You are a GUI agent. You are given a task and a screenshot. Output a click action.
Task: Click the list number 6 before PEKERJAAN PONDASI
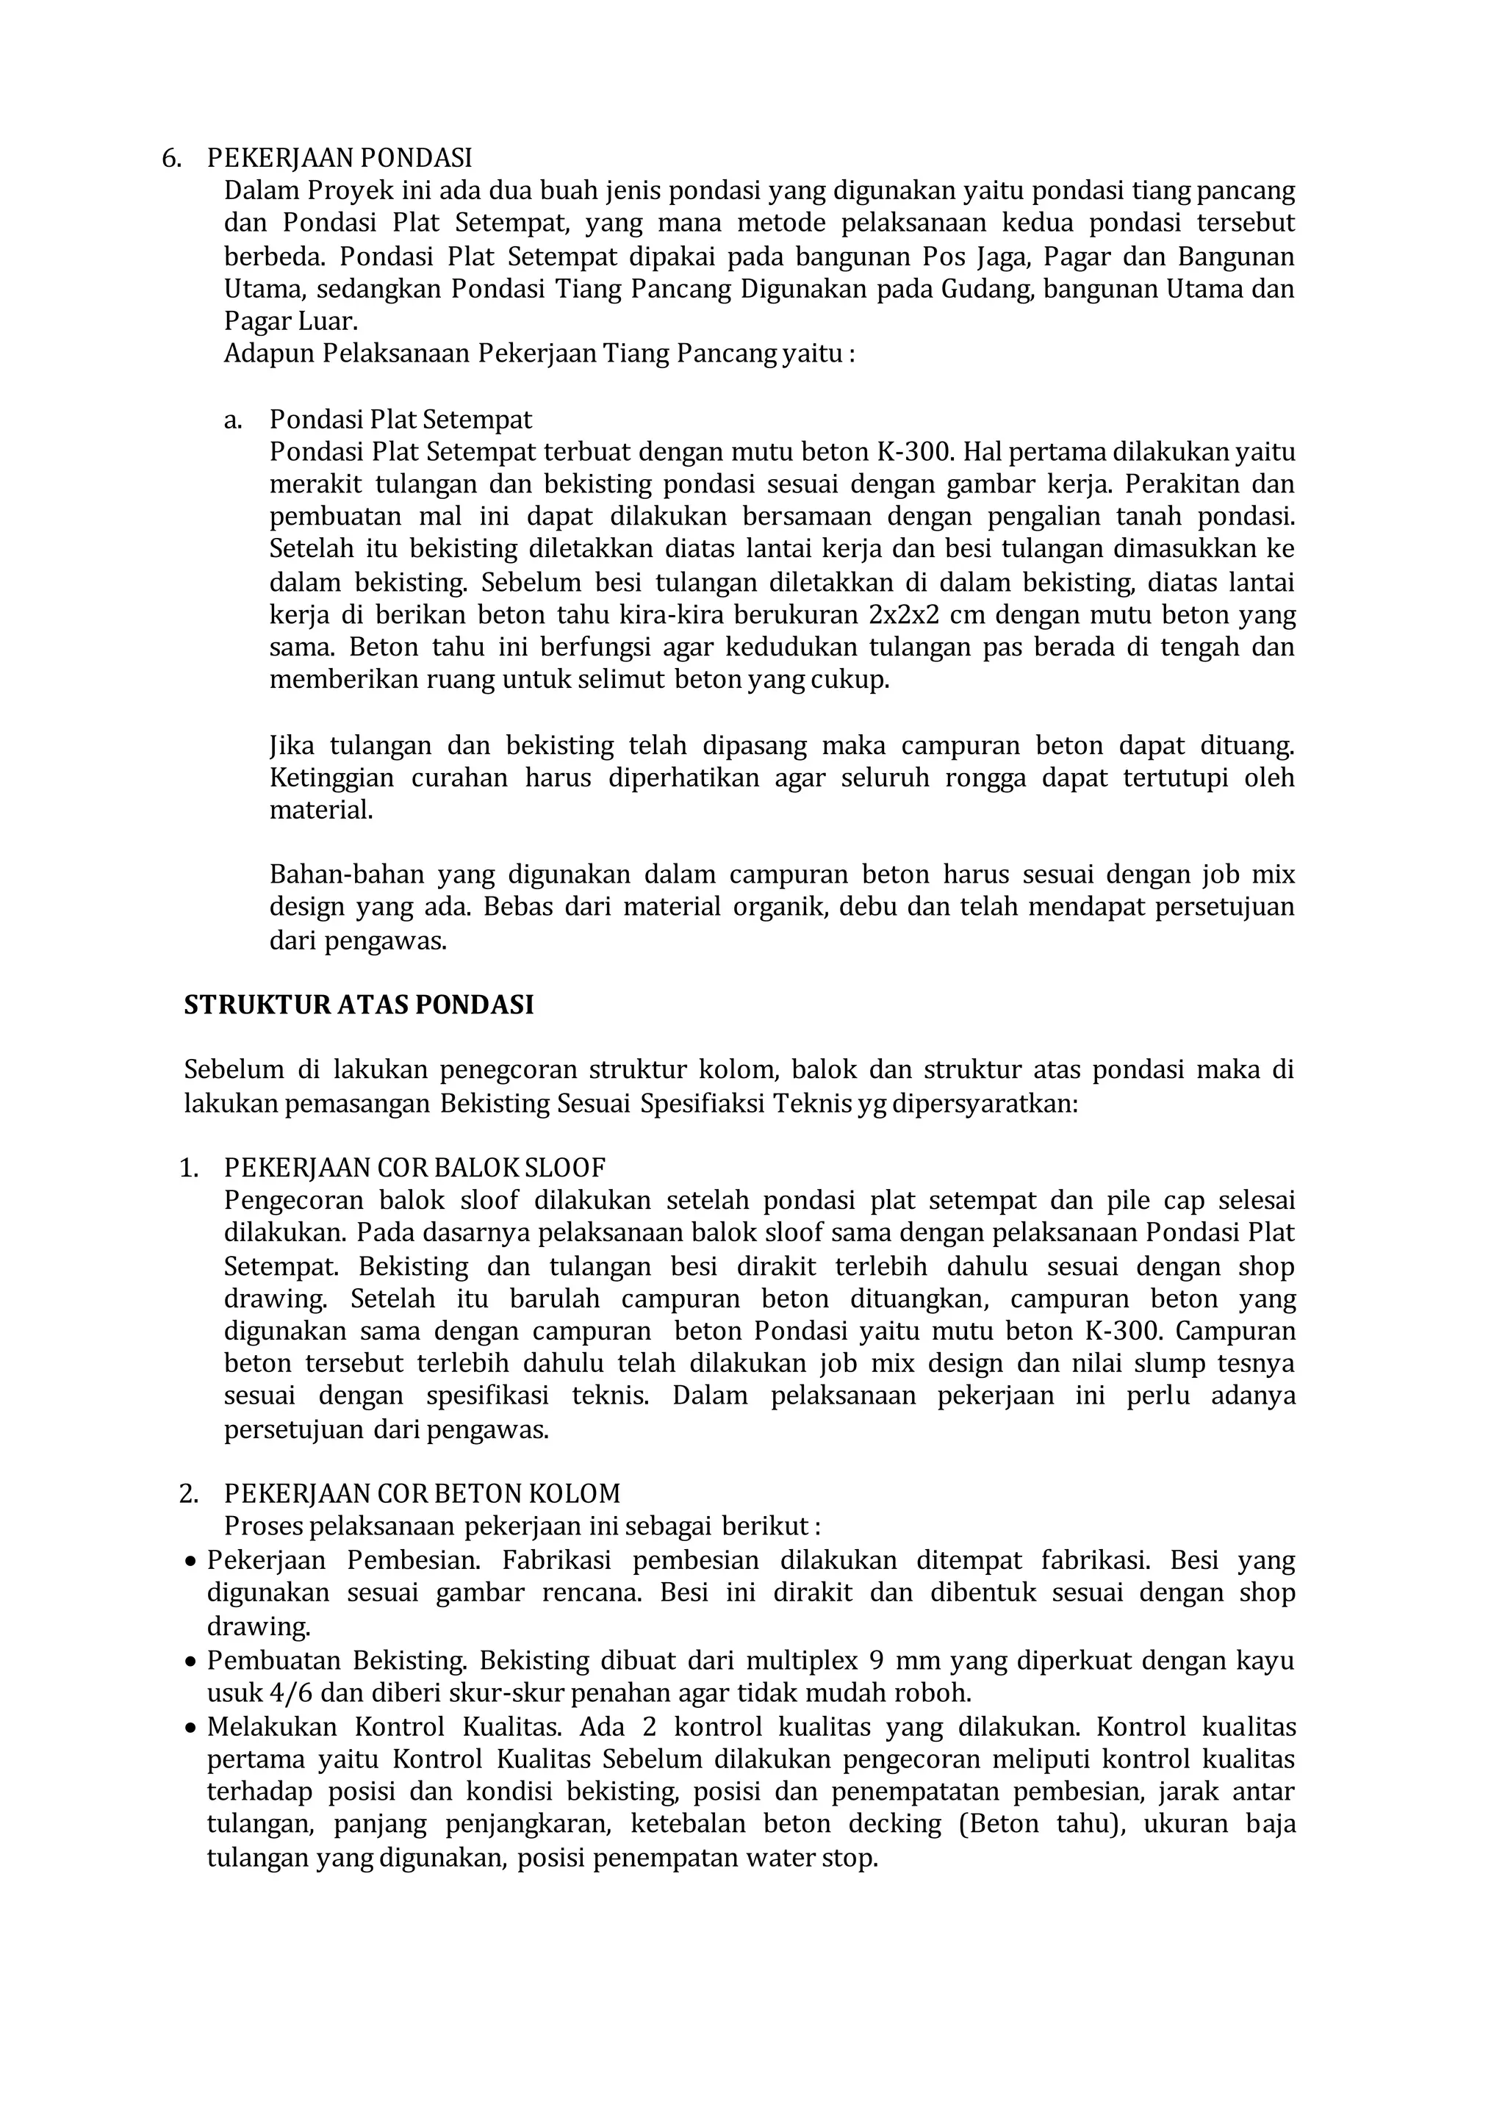point(170,159)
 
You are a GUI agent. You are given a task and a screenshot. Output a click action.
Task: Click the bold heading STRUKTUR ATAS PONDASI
point(359,1005)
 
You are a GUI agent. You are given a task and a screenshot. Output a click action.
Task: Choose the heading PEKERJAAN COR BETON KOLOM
point(422,1494)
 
